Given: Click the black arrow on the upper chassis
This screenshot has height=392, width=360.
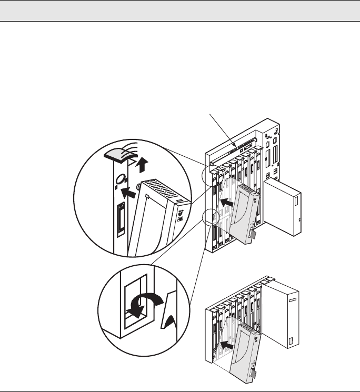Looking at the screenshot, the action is (x=227, y=202).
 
